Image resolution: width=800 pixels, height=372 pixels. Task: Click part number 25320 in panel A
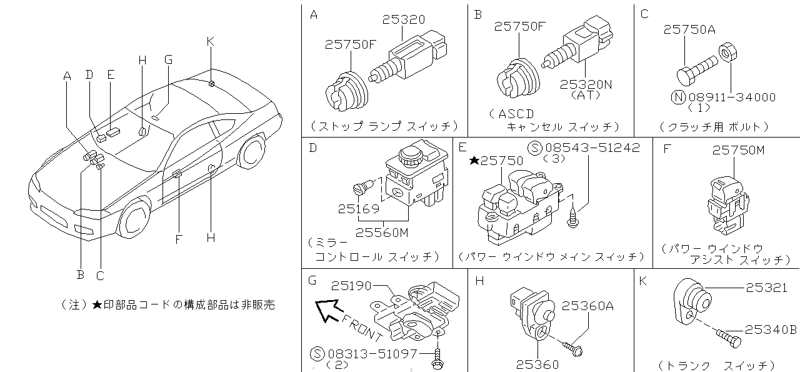[404, 20]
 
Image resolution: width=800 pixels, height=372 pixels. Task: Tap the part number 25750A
[689, 29]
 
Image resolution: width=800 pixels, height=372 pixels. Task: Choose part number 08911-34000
[731, 97]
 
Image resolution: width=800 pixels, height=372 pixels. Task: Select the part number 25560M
[382, 233]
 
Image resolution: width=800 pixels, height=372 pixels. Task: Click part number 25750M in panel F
[738, 151]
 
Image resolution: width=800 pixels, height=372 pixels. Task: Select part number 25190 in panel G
[351, 286]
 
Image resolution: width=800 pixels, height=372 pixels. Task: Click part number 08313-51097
[372, 354]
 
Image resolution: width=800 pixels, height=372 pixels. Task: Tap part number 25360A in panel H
[587, 306]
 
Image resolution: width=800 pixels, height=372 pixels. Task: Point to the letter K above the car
[210, 41]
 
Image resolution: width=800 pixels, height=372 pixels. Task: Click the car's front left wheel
[135, 218]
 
